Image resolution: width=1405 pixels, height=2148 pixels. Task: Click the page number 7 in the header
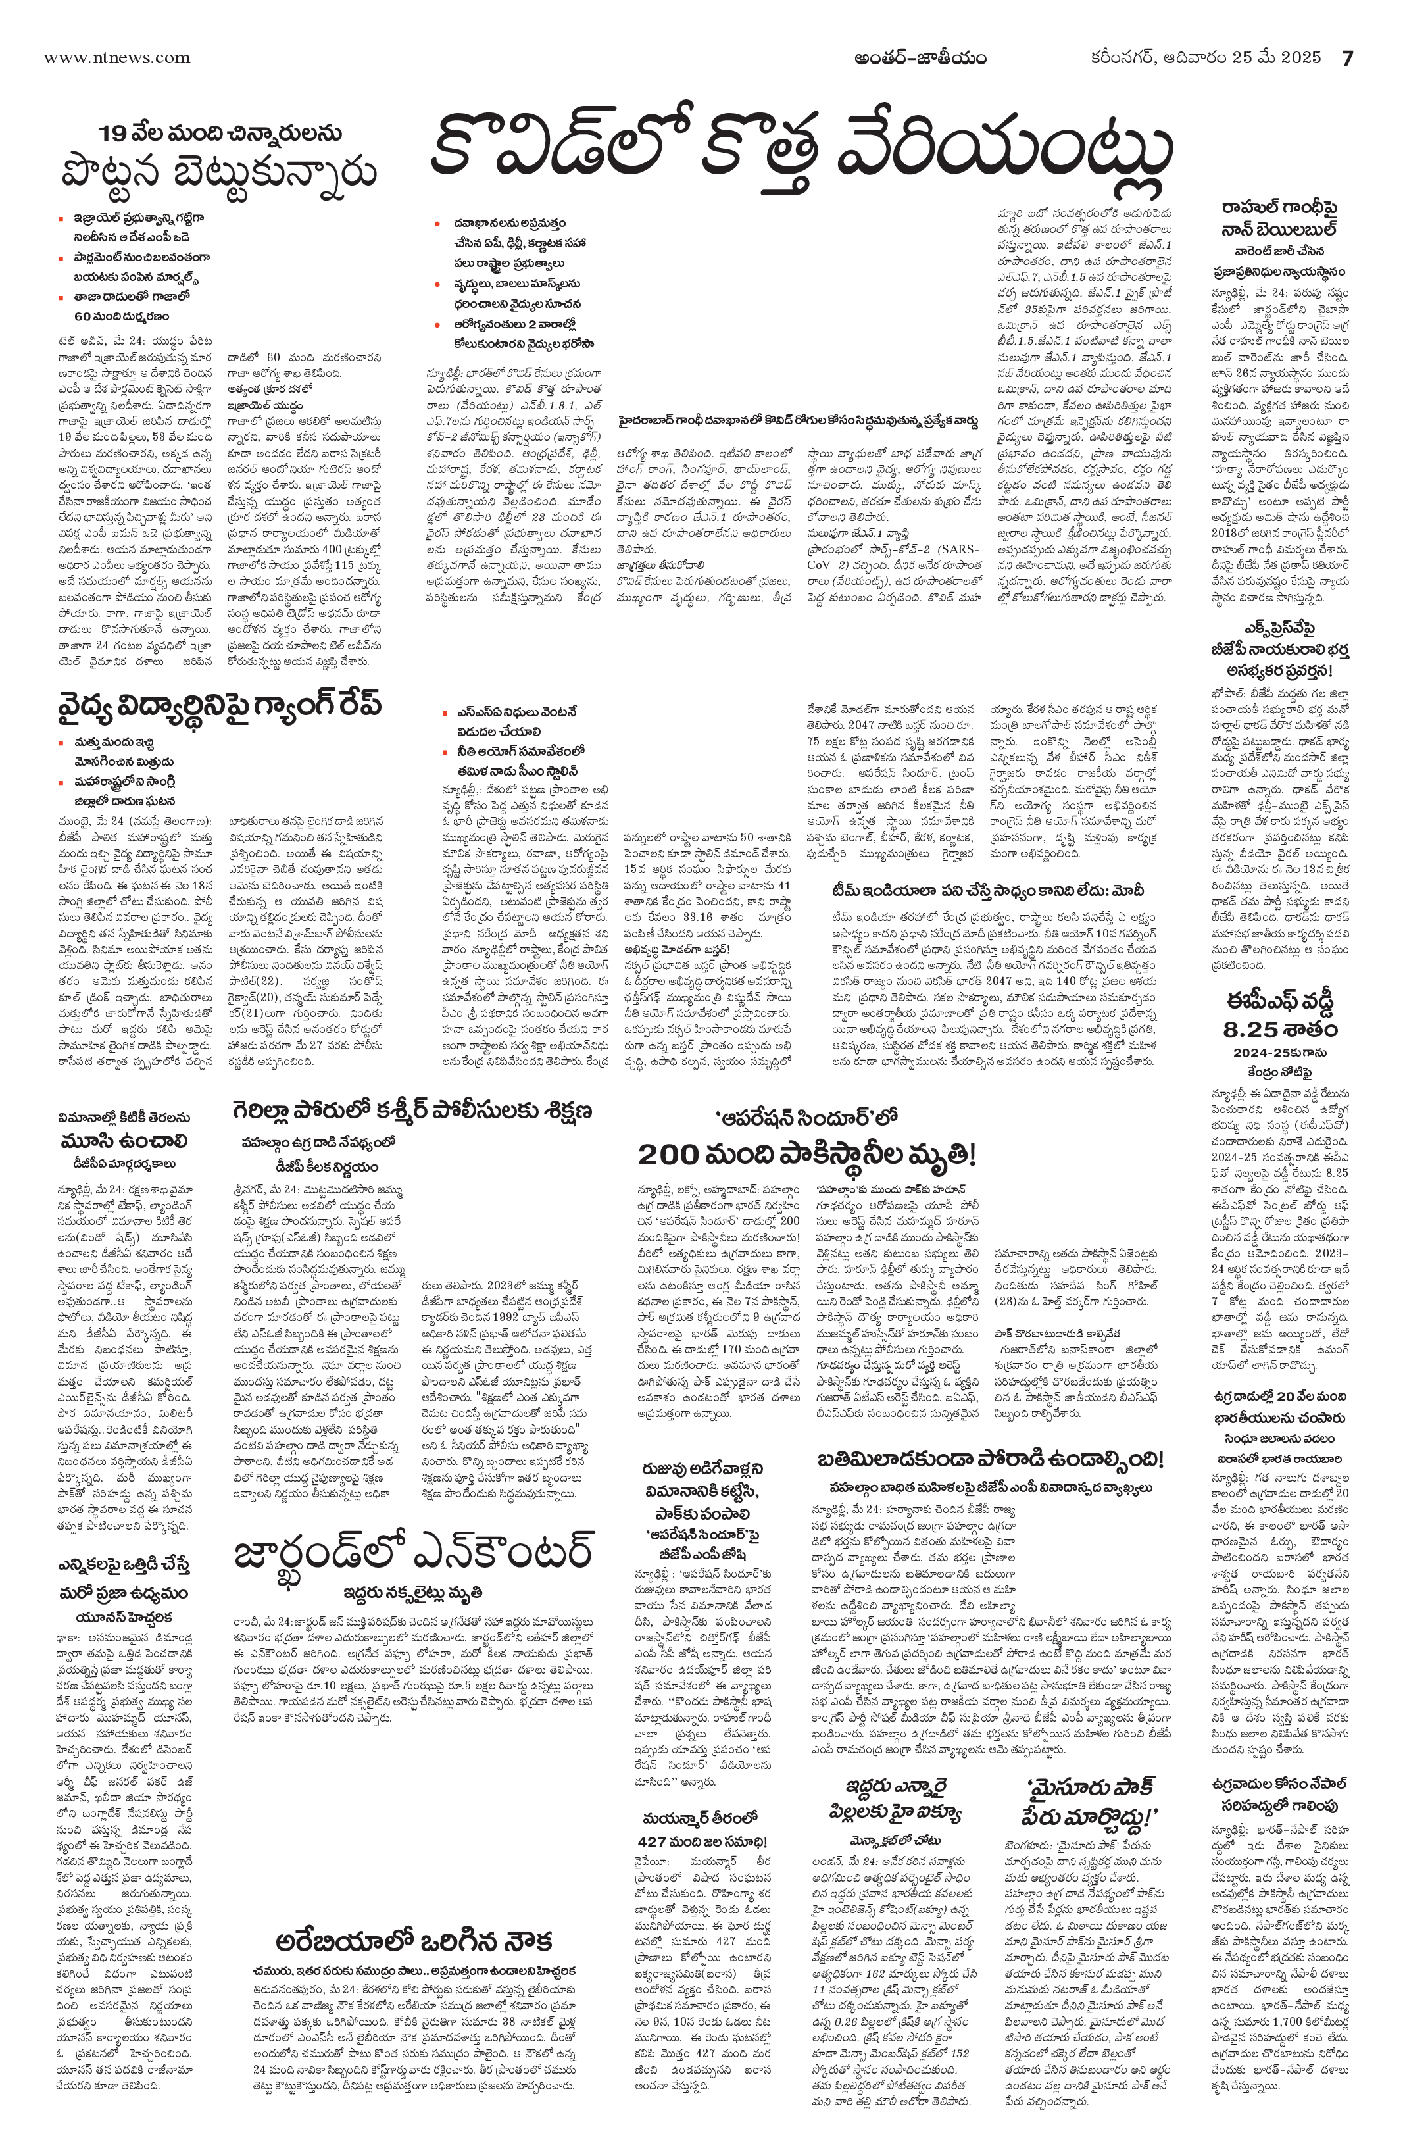(1347, 58)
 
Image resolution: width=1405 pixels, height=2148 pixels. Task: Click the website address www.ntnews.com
(116, 58)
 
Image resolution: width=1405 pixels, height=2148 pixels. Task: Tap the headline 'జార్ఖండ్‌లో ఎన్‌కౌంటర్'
(412, 1549)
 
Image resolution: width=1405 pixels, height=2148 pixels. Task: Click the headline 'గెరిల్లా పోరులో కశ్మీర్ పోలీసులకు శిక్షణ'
(412, 1110)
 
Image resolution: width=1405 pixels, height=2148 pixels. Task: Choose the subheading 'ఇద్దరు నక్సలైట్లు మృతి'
(412, 1592)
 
